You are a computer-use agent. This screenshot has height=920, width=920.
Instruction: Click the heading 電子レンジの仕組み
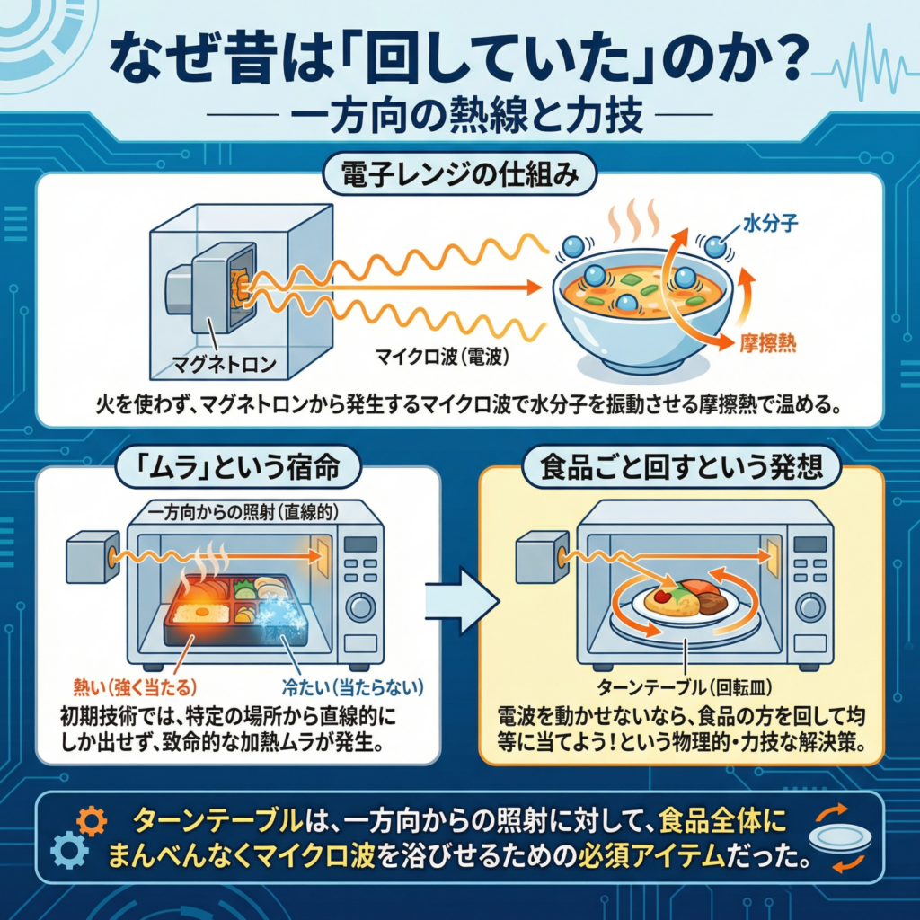tap(459, 174)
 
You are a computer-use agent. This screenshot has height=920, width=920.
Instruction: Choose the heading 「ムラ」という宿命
tap(237, 467)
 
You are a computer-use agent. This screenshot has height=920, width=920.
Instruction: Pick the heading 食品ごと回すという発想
tap(681, 467)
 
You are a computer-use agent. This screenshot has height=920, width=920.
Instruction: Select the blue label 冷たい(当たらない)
tap(350, 689)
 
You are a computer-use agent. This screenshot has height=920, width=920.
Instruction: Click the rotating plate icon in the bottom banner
tap(841, 838)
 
